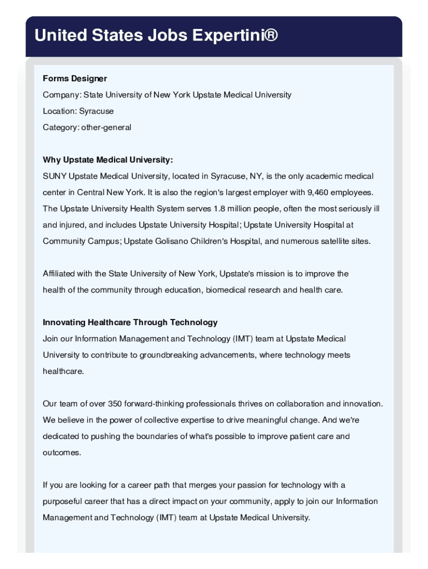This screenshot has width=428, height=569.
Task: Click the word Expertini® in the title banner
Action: (x=235, y=36)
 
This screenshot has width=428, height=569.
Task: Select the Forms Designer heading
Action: (x=75, y=78)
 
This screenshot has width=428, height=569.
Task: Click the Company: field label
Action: (x=62, y=95)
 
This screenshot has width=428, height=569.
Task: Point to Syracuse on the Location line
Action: (x=96, y=111)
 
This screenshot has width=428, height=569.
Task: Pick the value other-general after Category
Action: (x=106, y=127)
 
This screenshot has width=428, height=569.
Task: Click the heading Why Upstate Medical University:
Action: (x=108, y=160)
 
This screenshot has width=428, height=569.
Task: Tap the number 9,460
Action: (x=317, y=193)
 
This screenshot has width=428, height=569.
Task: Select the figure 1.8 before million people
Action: (x=221, y=209)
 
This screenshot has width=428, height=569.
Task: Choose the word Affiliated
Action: (x=60, y=274)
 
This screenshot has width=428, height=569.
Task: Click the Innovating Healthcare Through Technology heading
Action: (x=130, y=322)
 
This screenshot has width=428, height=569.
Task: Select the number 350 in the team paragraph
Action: (x=116, y=404)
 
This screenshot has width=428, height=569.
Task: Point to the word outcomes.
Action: (x=61, y=452)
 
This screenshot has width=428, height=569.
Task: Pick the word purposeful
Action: (x=64, y=501)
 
